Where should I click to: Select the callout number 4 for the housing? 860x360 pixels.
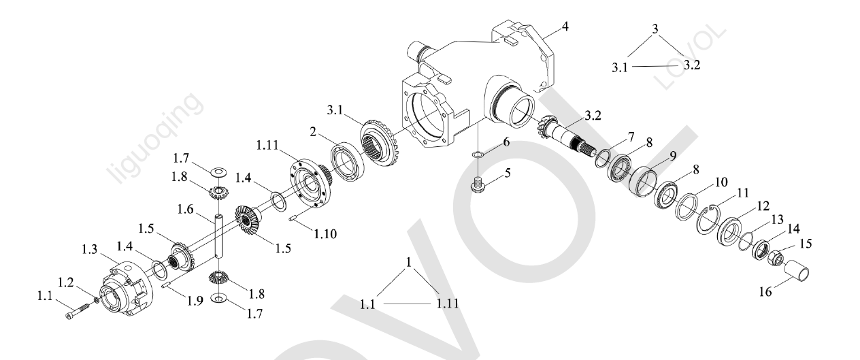coord(565,27)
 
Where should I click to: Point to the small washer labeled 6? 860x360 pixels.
coord(477,154)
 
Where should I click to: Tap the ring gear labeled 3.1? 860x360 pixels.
coord(380,142)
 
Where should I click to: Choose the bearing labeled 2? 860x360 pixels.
coord(347,162)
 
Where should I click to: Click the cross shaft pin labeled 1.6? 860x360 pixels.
coord(218,236)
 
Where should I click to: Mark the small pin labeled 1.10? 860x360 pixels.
coord(293,219)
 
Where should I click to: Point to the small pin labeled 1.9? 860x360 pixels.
coord(166,285)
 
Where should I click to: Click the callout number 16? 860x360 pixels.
coord(765,292)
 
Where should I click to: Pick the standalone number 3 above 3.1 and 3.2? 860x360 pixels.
coord(655,29)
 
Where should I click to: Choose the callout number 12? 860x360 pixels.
coord(763,206)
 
